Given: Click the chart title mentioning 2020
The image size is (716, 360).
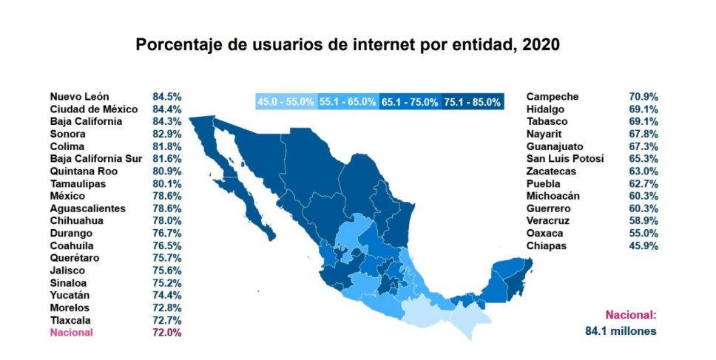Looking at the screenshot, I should (x=348, y=45).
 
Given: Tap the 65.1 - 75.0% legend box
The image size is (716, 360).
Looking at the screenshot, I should (x=410, y=102).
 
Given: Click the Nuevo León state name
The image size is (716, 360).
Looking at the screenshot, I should (x=80, y=97).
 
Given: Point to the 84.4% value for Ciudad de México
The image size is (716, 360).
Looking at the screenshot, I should (x=167, y=109).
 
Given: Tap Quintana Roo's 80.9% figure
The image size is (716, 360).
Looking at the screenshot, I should (x=167, y=171).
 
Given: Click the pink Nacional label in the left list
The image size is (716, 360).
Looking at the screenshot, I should (x=72, y=333).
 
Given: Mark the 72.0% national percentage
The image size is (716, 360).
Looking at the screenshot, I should (x=167, y=333).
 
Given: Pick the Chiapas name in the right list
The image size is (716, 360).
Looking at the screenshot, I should (x=547, y=245).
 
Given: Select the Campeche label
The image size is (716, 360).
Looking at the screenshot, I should (x=553, y=97).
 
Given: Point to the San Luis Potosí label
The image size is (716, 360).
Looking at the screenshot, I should (x=565, y=159).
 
